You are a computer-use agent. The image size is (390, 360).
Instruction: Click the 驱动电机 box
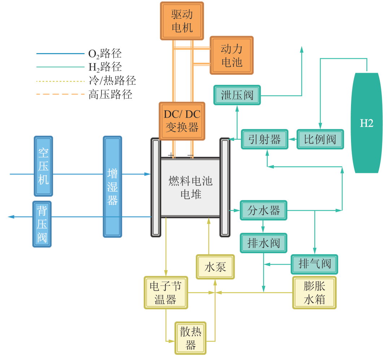[182, 21]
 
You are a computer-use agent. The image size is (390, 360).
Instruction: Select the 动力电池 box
[231, 55]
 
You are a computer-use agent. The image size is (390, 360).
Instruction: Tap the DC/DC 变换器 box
[182, 121]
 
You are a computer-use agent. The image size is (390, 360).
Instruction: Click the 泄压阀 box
[237, 95]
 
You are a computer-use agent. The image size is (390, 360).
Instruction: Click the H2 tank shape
[367, 123]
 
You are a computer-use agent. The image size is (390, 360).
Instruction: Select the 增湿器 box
[112, 186]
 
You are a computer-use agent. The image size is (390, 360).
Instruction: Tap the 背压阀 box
[42, 224]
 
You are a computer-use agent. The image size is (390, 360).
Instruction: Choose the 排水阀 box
[264, 243]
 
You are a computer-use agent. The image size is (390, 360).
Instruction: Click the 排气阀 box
[315, 264]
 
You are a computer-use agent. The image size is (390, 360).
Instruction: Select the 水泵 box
[215, 267]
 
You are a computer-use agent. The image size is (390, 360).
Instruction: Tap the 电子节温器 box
[165, 293]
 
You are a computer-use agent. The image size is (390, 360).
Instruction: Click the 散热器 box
[190, 338]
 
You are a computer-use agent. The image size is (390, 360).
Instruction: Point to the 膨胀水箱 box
[314, 293]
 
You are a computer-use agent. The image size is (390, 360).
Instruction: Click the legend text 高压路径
[110, 95]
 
